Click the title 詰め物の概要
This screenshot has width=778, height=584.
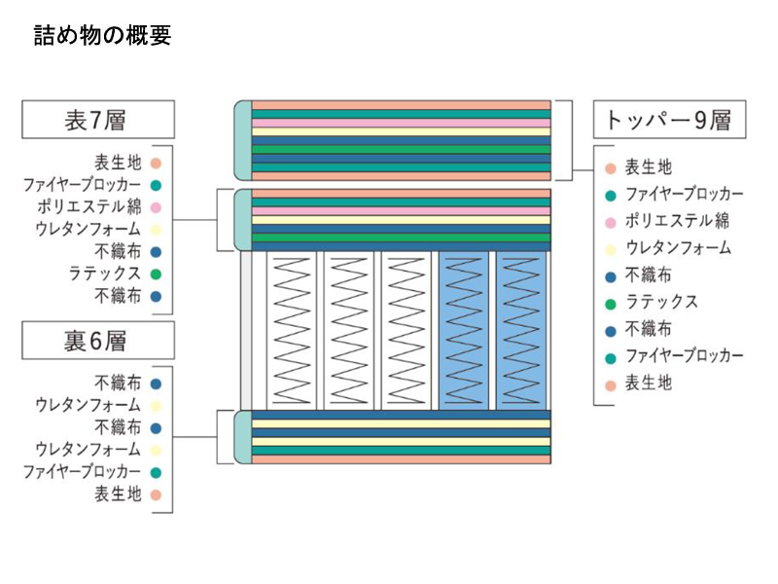102,36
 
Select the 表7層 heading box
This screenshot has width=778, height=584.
98,119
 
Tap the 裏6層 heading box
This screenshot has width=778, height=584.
98,341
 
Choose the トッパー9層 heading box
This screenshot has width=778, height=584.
668,120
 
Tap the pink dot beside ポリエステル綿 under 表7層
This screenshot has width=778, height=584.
156,207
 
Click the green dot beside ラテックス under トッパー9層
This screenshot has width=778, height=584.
610,303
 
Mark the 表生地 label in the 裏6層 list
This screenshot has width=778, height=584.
118,494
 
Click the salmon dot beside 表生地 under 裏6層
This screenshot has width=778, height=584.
156,494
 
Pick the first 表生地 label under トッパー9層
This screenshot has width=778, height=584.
648,167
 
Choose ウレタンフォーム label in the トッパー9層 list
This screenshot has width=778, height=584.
678,248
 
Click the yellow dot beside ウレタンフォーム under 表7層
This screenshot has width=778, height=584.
156,230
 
